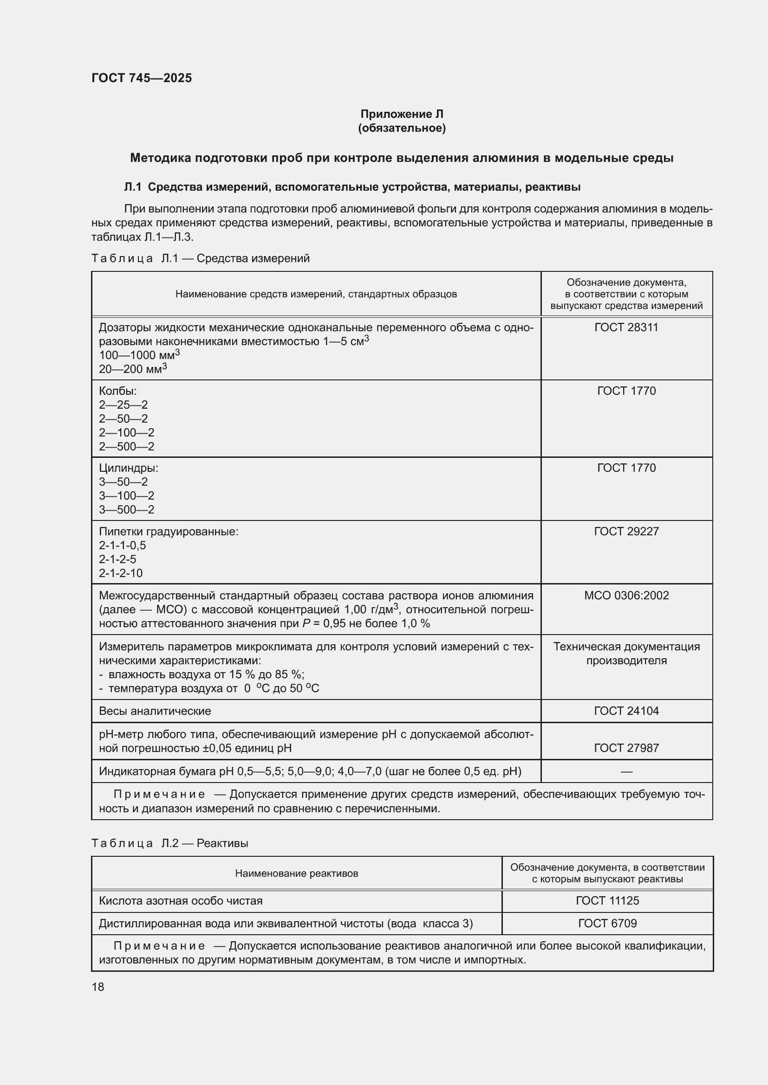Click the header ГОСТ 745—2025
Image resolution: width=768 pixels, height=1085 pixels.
click(142, 78)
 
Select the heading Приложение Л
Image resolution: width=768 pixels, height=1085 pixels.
click(402, 114)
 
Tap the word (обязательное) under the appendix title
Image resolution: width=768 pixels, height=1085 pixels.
click(402, 128)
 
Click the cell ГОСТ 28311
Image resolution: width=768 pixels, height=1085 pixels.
click(626, 327)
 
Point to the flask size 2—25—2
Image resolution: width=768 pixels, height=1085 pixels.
click(124, 405)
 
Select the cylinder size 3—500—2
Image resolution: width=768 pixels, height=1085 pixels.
click(126, 510)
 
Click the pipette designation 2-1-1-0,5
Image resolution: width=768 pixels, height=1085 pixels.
click(123, 546)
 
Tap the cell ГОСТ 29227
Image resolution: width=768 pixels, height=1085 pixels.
click(626, 532)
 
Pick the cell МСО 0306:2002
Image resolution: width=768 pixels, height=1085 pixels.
click(626, 596)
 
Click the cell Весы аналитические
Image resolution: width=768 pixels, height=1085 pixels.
click(155, 711)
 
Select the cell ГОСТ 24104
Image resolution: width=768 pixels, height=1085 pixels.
click(626, 711)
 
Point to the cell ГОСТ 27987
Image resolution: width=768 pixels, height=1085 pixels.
click(626, 748)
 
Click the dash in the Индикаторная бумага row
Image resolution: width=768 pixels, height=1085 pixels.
click(626, 772)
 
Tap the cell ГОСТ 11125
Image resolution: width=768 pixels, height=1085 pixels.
click(607, 901)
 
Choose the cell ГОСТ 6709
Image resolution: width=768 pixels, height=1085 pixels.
click(607, 924)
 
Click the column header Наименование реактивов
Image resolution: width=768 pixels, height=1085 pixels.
click(297, 873)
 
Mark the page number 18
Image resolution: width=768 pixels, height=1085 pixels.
click(98, 987)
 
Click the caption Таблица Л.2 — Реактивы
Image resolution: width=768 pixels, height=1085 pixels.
click(170, 843)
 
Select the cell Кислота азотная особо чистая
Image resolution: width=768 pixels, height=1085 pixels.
click(181, 901)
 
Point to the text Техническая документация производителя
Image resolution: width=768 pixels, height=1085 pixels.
click(626, 654)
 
